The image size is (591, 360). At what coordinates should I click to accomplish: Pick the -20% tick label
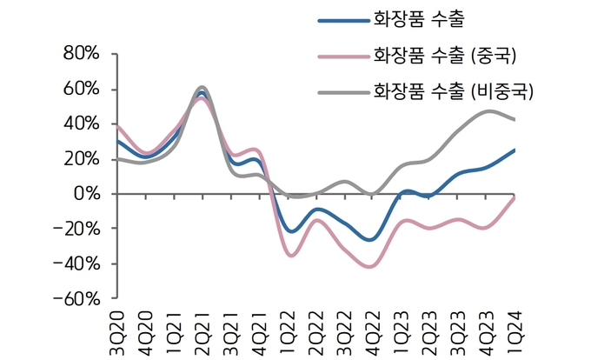click(x=77, y=229)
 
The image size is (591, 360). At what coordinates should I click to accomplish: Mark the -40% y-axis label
click(x=77, y=263)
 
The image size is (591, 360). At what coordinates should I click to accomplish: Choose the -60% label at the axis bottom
click(x=77, y=298)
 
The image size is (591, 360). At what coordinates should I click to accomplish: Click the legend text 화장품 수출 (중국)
click(x=444, y=56)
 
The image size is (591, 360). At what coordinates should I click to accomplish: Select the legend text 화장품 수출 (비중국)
click(x=452, y=90)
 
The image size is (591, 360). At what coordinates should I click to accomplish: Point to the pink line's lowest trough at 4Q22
click(x=371, y=267)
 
